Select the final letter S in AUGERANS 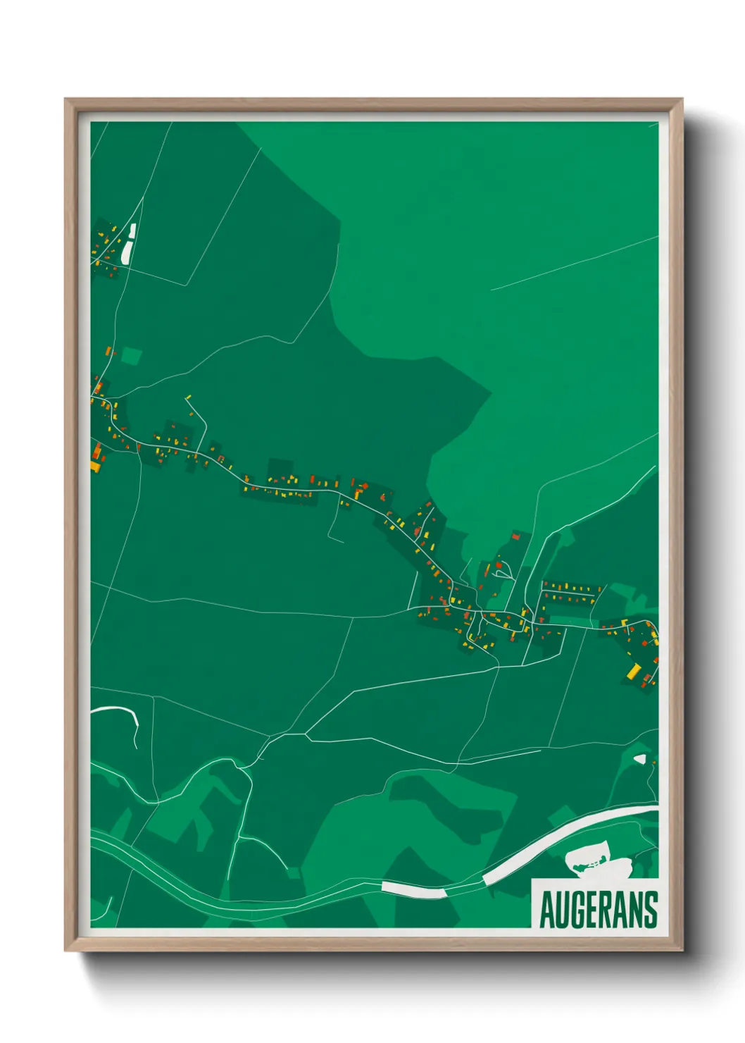(650, 910)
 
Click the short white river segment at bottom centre (413, 890)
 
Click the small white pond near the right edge (639, 759)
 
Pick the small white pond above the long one (132, 230)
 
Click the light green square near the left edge (131, 355)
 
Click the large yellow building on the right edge (634, 671)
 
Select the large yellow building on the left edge (95, 465)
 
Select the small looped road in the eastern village (503, 573)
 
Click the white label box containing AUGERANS (595, 904)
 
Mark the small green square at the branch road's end (293, 873)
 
